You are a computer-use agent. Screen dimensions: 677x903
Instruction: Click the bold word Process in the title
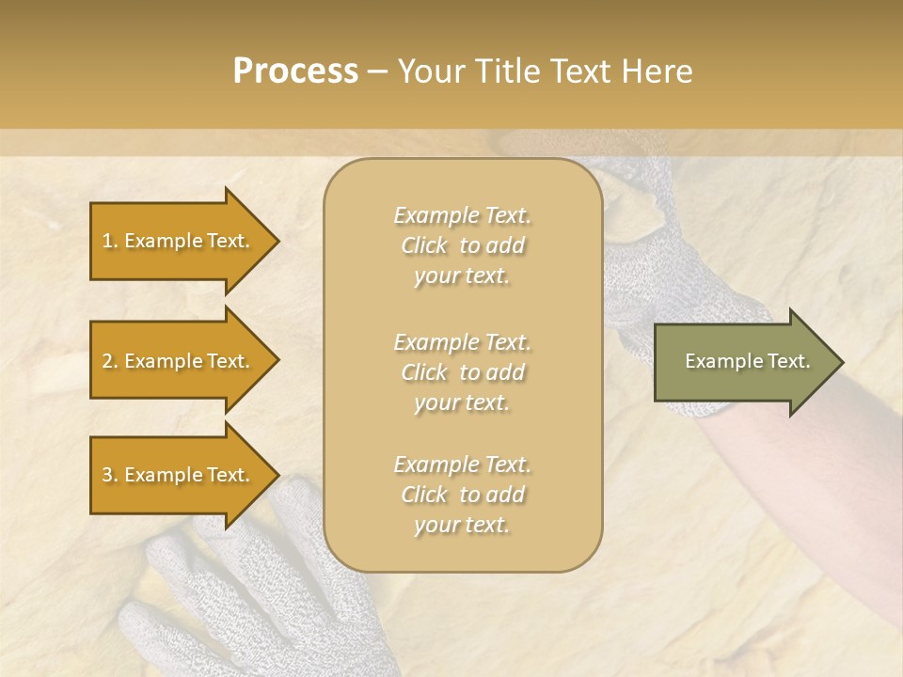pyautogui.click(x=295, y=71)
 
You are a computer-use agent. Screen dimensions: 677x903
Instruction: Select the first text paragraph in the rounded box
pyautogui.click(x=462, y=245)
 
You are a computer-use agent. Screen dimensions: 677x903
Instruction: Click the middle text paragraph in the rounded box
pyautogui.click(x=462, y=371)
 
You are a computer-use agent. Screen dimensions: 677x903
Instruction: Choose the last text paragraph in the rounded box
pyautogui.click(x=462, y=495)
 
